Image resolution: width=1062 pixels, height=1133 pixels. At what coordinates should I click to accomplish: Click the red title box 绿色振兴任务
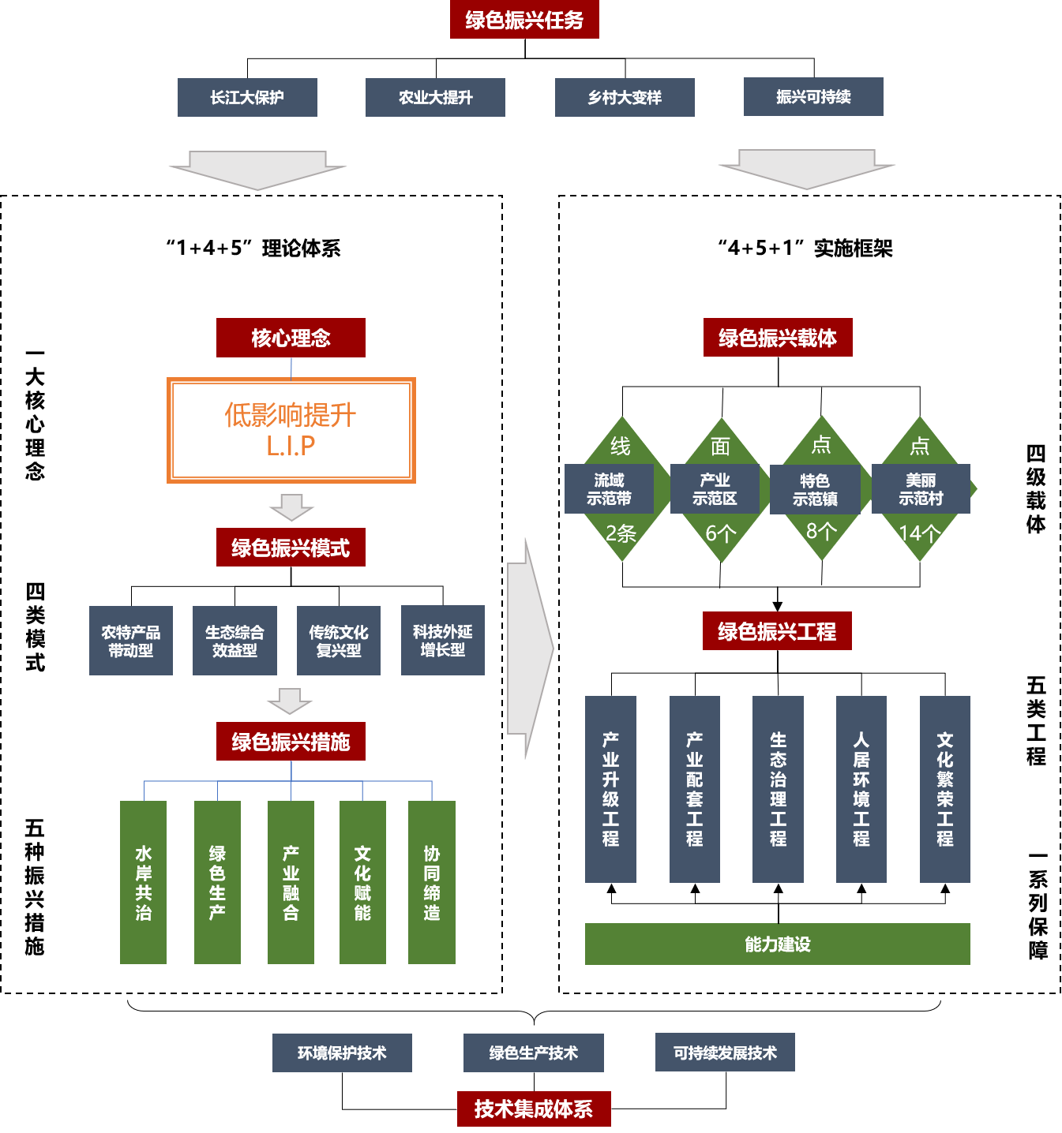pyautogui.click(x=524, y=20)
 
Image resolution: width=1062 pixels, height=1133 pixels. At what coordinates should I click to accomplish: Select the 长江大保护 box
pyautogui.click(x=247, y=97)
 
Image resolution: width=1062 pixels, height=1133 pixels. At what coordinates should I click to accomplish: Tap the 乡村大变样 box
pyautogui.click(x=625, y=97)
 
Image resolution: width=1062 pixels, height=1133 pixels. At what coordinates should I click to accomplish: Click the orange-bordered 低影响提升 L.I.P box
pyautogui.click(x=291, y=430)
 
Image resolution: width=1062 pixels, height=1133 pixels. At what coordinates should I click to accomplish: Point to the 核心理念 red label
pyautogui.click(x=291, y=338)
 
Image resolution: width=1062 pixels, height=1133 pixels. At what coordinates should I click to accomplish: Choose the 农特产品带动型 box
pyautogui.click(x=131, y=641)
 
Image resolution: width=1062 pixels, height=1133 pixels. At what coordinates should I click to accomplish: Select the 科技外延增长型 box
pyautogui.click(x=442, y=641)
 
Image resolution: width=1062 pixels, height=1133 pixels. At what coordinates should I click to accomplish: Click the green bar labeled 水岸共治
pyautogui.click(x=143, y=882)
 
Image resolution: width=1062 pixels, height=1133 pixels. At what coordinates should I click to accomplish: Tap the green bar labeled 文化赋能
pyautogui.click(x=362, y=882)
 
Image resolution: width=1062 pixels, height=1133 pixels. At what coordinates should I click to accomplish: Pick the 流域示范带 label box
pyautogui.click(x=609, y=489)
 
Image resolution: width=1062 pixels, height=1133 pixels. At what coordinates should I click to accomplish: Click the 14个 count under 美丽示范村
pyautogui.click(x=919, y=534)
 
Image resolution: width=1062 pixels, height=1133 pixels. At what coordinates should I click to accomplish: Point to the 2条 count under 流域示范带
pyautogui.click(x=621, y=534)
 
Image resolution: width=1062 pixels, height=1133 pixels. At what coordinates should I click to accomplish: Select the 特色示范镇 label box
pyautogui.click(x=815, y=490)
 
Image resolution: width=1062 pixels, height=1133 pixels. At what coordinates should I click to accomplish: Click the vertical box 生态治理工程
pyautogui.click(x=778, y=789)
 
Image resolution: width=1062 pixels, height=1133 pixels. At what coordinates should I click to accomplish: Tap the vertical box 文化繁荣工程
pyautogui.click(x=944, y=789)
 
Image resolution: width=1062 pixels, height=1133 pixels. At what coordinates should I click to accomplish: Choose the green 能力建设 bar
pyautogui.click(x=777, y=944)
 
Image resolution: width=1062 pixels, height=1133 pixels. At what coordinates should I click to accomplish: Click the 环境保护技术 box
pyautogui.click(x=342, y=1053)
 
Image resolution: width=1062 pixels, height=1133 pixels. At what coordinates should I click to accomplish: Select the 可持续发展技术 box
pyautogui.click(x=725, y=1053)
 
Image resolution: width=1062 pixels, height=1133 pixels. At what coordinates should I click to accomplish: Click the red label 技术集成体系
pyautogui.click(x=534, y=1109)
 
